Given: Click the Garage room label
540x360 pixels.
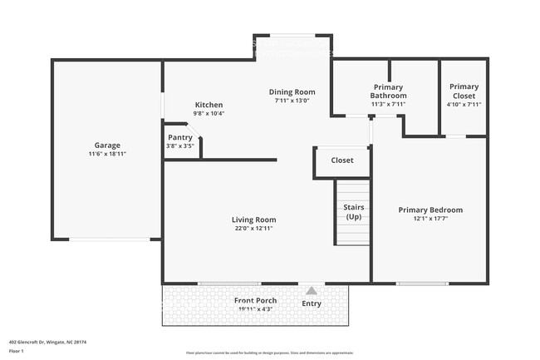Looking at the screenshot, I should pyautogui.click(x=107, y=145).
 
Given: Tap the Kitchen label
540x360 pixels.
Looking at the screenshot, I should pyautogui.click(x=209, y=105).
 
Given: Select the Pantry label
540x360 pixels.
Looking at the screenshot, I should pyautogui.click(x=180, y=137).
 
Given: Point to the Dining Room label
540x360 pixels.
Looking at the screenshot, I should pyautogui.click(x=292, y=91).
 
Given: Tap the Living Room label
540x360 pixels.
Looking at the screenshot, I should pyautogui.click(x=253, y=219).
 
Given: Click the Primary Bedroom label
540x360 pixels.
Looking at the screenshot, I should pyautogui.click(x=430, y=210).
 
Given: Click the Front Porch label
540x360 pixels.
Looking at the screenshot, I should pyautogui.click(x=255, y=300).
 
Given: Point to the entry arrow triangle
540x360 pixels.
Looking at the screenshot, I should pyautogui.click(x=312, y=290).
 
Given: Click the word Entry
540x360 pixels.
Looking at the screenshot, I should pyautogui.click(x=312, y=303).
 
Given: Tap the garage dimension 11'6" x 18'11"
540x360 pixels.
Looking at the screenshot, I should pyautogui.click(x=107, y=154).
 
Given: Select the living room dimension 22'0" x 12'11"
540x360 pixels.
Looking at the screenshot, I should pyautogui.click(x=253, y=229).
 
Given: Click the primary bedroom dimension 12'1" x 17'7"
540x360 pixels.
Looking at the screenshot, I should pyautogui.click(x=430, y=219).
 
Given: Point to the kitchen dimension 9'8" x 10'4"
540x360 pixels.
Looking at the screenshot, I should pyautogui.click(x=209, y=114).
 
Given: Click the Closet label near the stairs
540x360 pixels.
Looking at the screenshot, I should pyautogui.click(x=342, y=160).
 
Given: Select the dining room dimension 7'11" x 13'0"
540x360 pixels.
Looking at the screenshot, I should pyautogui.click(x=292, y=101).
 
